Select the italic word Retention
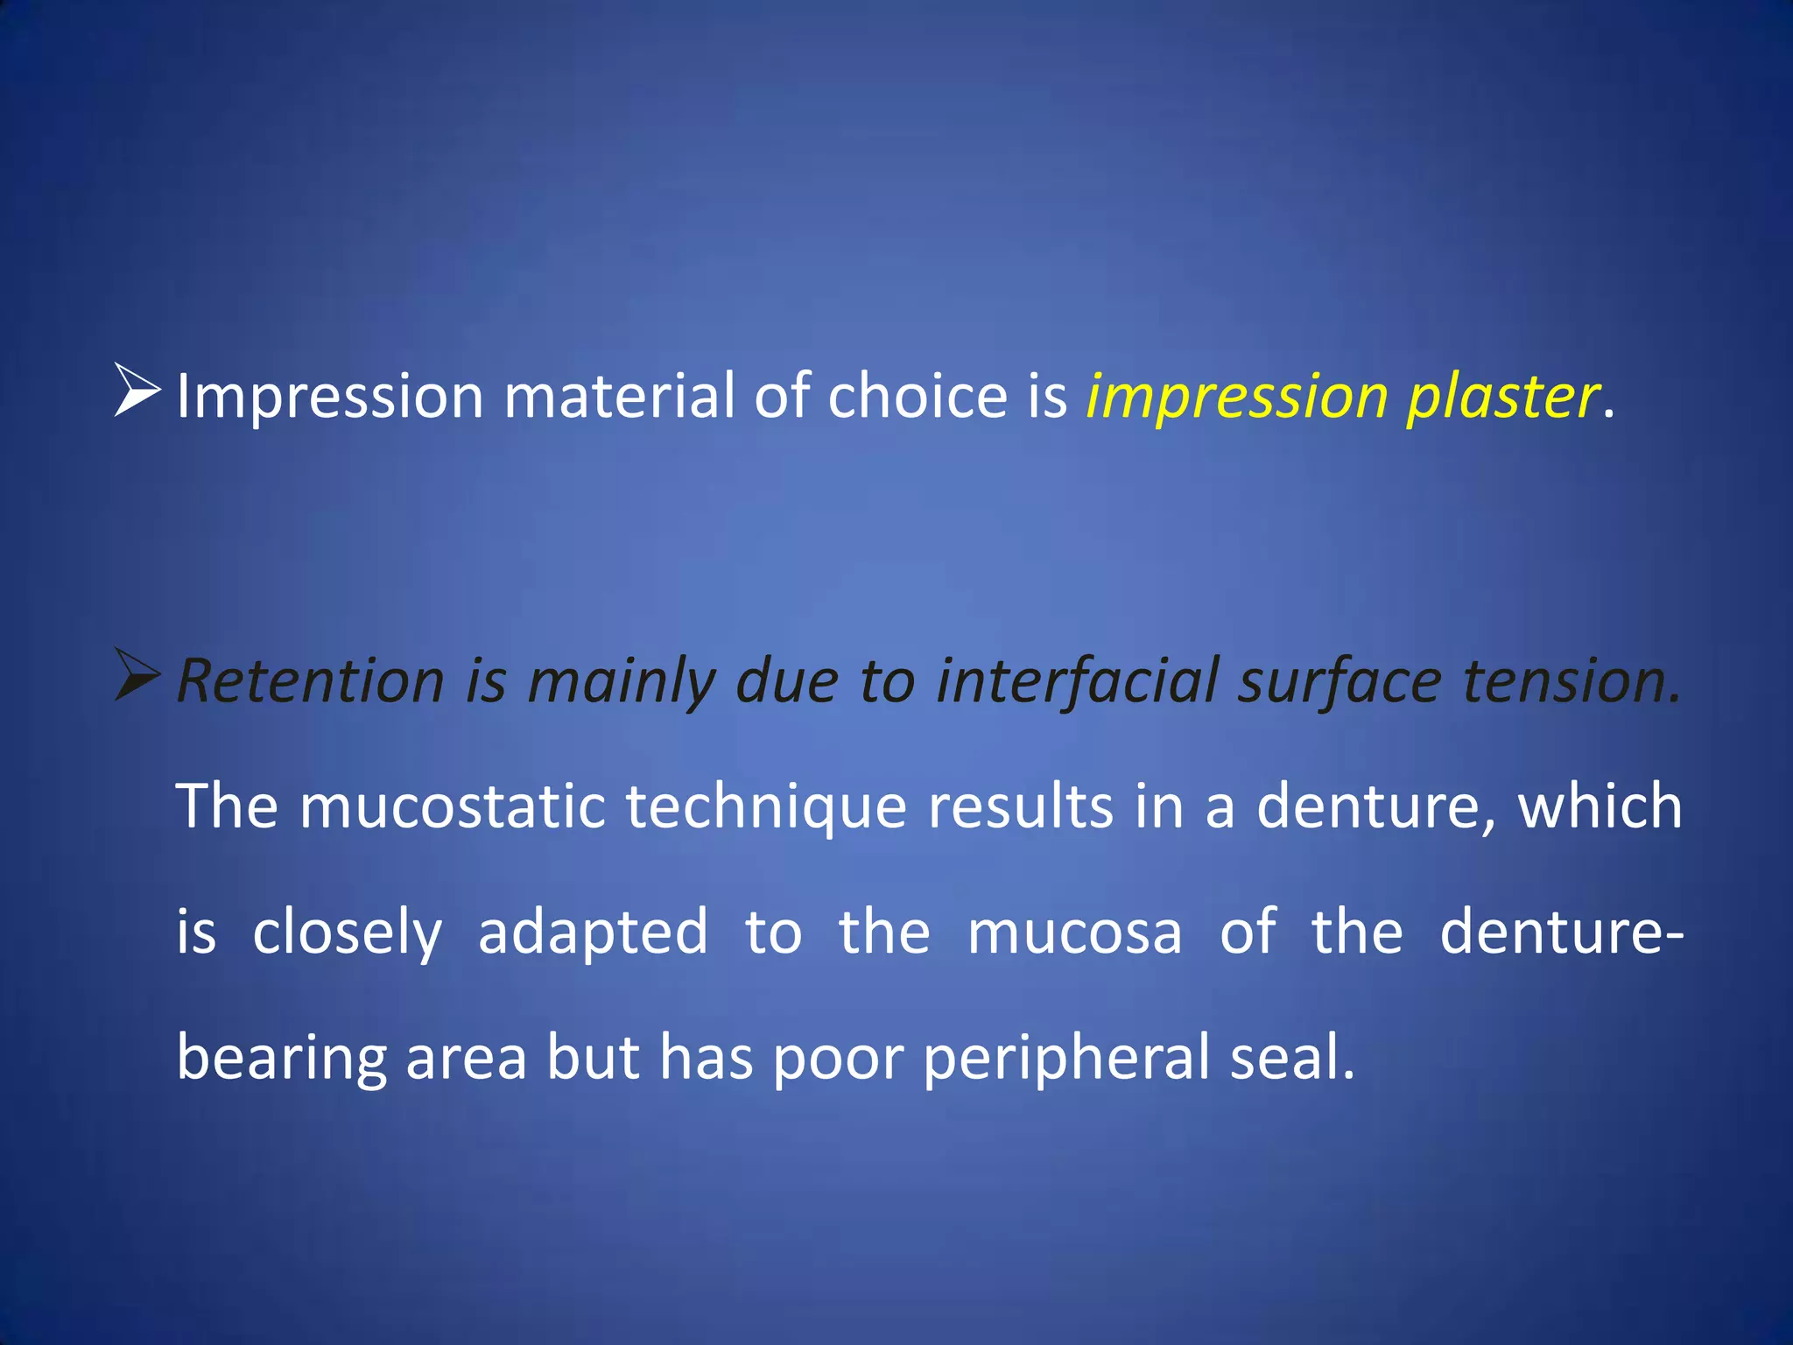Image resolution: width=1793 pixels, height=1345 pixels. [x=311, y=680]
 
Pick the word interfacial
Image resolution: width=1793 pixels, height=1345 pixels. [x=1077, y=682]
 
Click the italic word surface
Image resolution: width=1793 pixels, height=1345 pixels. [x=1339, y=682]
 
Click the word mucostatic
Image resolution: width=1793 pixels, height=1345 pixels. [x=453, y=806]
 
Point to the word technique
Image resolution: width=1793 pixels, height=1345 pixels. [x=766, y=808]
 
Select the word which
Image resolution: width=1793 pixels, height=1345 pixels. [x=1600, y=806]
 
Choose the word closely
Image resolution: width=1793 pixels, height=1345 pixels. [x=347, y=933]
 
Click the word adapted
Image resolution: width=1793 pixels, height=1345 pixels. [x=593, y=933]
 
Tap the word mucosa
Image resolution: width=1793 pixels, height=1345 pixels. [x=1074, y=932]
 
